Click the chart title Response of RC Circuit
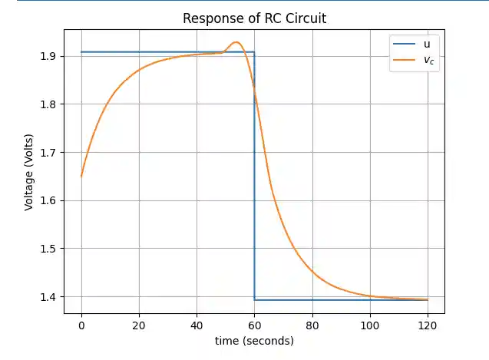pos(254,18)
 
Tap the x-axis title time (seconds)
pos(254,340)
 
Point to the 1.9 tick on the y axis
pos(48,56)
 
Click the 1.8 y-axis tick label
pos(48,104)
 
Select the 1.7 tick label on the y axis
pos(48,153)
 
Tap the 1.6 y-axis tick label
pos(48,201)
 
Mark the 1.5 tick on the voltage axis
pos(48,249)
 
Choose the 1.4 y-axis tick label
pos(48,297)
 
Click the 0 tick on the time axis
pos(81,325)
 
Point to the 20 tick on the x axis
pos(139,325)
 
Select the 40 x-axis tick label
pos(197,325)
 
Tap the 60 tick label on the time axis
pos(254,325)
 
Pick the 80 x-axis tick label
pos(312,325)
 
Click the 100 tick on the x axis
pos(369,325)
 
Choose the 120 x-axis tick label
pos(427,325)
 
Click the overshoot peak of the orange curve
pos(236,42)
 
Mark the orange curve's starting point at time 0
pos(81,177)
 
